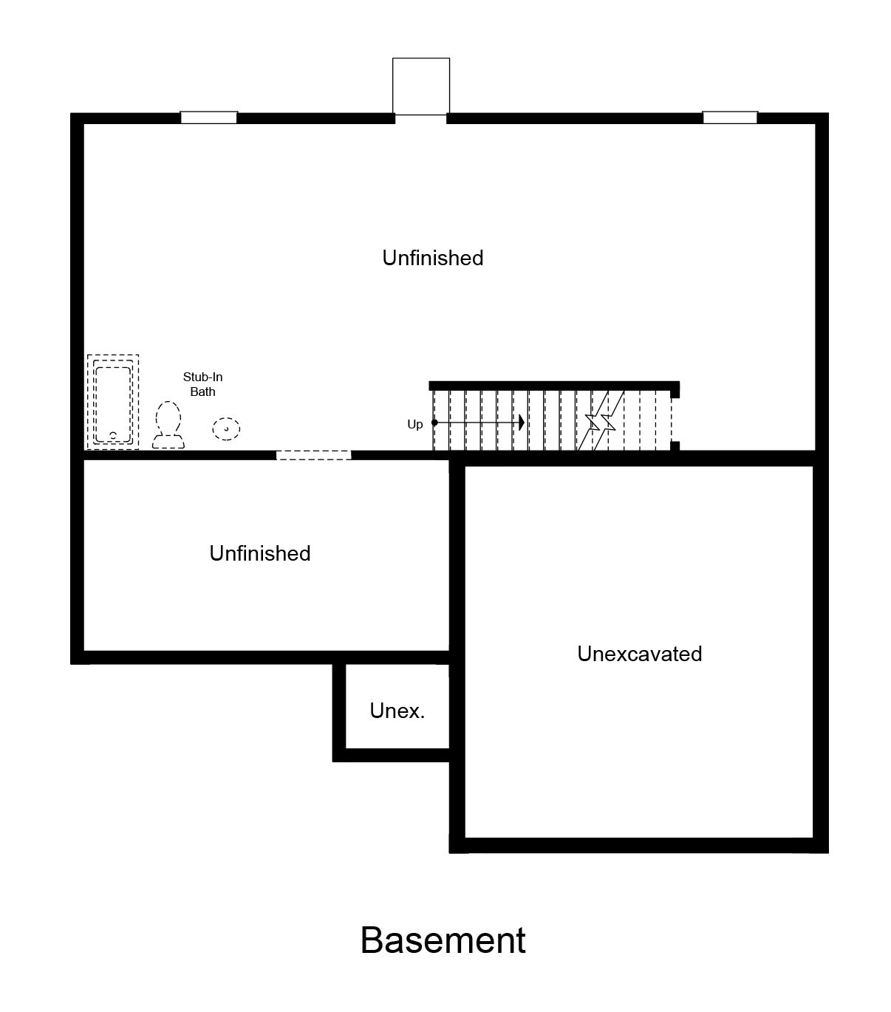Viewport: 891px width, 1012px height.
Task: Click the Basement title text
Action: click(443, 940)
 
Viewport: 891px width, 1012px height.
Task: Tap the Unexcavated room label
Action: click(639, 654)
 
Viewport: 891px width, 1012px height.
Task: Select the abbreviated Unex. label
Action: click(397, 711)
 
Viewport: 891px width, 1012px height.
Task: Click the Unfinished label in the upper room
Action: click(433, 258)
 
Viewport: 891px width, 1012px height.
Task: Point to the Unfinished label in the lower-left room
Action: click(260, 553)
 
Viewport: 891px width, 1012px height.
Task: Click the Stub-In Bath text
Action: click(202, 384)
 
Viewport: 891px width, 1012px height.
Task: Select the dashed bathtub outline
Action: click(113, 402)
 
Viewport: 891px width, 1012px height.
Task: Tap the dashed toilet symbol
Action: click(169, 425)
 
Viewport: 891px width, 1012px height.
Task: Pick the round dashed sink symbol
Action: click(226, 428)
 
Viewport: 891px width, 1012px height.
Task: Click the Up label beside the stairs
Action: click(415, 424)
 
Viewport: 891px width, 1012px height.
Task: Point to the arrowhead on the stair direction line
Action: click(522, 423)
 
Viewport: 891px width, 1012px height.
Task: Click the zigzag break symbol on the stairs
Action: click(600, 423)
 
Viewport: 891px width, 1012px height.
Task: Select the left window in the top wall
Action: click(209, 117)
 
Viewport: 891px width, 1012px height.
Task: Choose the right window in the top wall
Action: click(730, 117)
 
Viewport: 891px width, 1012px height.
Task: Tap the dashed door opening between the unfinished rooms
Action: click(314, 455)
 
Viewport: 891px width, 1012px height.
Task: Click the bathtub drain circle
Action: click(113, 435)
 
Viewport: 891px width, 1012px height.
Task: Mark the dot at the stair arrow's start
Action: click(434, 423)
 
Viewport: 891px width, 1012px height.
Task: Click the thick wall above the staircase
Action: click(554, 385)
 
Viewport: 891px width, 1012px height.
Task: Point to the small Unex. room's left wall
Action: click(339, 709)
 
